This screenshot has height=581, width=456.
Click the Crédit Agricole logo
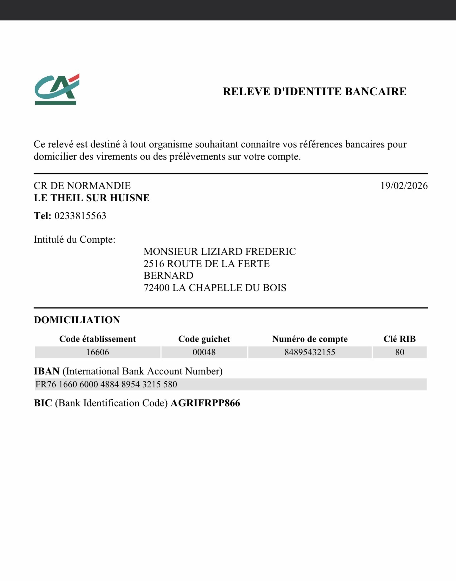tap(57, 89)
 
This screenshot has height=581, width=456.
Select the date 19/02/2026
tap(404, 186)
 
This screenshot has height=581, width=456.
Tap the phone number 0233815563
tap(80, 216)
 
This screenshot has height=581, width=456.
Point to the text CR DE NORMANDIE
tap(82, 186)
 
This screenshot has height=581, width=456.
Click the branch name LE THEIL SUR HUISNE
tap(92, 198)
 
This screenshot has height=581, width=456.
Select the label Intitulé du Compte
tap(75, 239)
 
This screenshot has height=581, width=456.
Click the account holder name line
tap(220, 252)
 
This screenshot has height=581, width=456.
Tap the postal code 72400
tap(156, 288)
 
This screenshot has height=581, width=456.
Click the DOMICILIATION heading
tap(77, 320)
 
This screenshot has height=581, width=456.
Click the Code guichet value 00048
tap(204, 352)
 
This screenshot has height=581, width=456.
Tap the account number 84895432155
tap(310, 352)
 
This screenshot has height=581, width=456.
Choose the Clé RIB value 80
tap(400, 352)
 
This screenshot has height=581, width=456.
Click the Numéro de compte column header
tap(310, 339)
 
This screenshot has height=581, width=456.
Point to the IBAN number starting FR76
tap(106, 384)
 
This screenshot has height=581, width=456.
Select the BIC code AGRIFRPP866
tap(205, 403)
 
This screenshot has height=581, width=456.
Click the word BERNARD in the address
tap(168, 275)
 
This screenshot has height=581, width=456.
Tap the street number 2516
tap(154, 264)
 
